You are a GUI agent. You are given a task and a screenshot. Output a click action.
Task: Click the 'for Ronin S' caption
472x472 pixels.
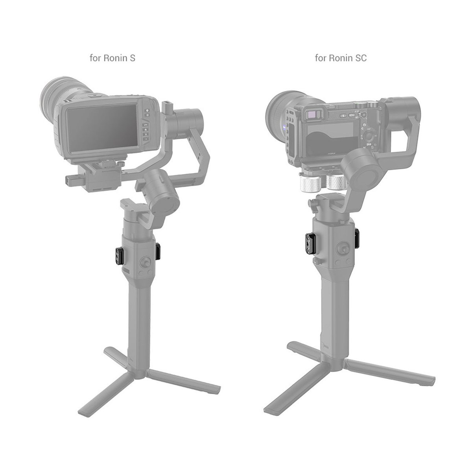pos(113,58)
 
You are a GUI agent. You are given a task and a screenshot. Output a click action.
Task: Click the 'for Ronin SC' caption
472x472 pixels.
pos(341,58)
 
